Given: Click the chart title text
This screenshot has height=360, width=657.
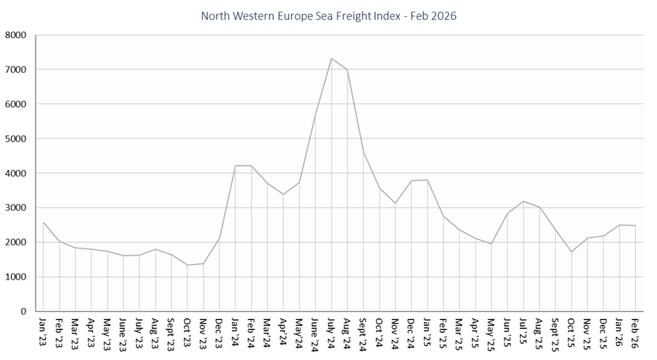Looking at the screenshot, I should tap(328, 15).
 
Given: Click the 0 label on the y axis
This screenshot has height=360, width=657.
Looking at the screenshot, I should tap(22, 311).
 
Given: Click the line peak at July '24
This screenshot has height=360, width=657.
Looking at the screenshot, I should tap(331, 58).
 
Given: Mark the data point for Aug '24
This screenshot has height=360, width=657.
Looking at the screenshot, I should tap(347, 70).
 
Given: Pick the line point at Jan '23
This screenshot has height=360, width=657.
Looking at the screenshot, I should tap(43, 222).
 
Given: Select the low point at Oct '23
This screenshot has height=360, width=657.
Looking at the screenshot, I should tap(187, 265).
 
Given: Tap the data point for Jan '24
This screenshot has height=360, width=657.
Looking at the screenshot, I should tap(235, 166).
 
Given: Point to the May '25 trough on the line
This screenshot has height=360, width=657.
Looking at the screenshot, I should tap(491, 244).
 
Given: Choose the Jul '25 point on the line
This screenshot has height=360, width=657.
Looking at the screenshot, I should tap(523, 201).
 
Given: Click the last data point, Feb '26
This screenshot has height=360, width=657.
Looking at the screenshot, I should tap(635, 225).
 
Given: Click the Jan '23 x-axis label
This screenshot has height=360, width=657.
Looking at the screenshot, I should tap(43, 329).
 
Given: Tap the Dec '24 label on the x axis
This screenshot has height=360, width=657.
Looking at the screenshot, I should tap(411, 330).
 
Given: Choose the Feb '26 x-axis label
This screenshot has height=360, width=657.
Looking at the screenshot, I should tap(635, 329).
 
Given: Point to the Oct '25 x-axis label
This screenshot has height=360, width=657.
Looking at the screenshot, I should tap(571, 330).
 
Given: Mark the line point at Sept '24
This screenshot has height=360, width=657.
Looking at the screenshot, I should tap(363, 153).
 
